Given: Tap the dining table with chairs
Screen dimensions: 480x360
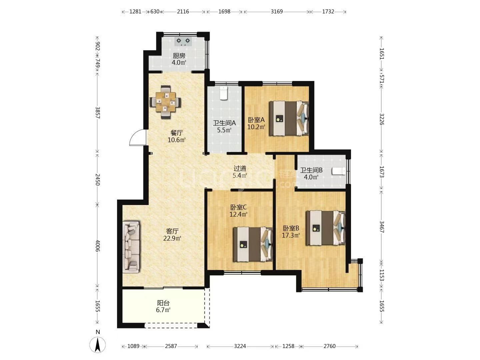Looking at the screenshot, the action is pos(165,102).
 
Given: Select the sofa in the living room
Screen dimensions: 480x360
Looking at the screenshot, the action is pos(131,247).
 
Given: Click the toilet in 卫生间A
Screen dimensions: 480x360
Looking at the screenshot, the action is pos(224,93).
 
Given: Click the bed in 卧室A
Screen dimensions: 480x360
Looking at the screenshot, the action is pos(289,118).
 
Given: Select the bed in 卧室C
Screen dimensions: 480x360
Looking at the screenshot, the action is pos(253,244).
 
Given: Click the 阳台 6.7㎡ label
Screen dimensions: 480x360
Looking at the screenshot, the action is pos(163,306).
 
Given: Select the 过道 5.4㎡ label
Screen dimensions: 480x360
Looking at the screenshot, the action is pos(240,172).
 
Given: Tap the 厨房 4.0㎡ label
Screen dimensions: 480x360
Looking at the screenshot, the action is pos(179,59).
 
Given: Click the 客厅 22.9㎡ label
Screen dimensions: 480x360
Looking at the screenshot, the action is pos(172,235).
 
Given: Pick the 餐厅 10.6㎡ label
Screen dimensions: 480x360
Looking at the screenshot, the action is pos(176,136).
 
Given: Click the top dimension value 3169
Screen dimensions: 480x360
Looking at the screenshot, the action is pos(277,11).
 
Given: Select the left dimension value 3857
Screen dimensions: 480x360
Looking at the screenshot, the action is pos(98,113).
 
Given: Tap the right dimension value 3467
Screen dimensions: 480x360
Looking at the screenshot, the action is pos(381,227).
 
